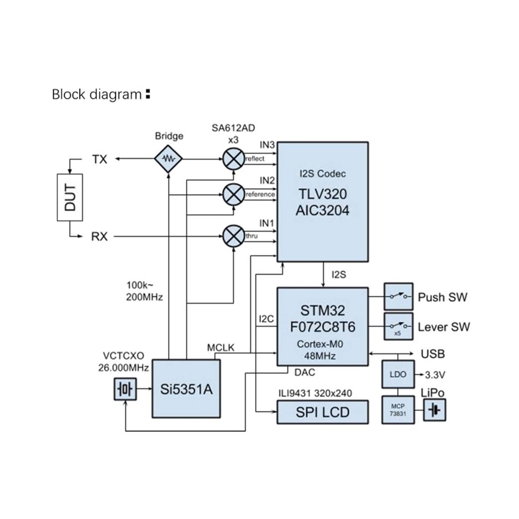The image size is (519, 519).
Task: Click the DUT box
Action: (x=70, y=197)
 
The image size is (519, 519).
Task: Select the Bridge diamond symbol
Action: (x=168, y=159)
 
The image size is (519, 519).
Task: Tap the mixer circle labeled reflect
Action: (x=233, y=159)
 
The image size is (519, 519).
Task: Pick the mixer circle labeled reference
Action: (x=233, y=195)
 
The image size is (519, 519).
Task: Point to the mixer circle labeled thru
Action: (x=233, y=236)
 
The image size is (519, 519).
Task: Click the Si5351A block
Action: (x=186, y=389)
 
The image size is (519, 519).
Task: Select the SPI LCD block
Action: (x=323, y=412)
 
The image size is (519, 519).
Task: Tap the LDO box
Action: (x=398, y=374)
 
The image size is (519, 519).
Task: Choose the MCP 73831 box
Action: (x=398, y=410)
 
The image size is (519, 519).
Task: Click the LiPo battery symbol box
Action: (x=435, y=410)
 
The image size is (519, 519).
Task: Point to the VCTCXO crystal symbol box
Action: (x=125, y=389)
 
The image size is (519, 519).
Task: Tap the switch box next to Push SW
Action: (x=398, y=297)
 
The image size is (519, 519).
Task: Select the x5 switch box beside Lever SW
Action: (x=398, y=326)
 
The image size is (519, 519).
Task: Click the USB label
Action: (x=432, y=354)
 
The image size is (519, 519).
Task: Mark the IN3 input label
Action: (x=267, y=145)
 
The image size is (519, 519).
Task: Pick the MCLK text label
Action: (x=220, y=348)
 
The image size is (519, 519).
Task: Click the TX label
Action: (x=100, y=159)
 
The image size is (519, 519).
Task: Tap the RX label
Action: (x=99, y=236)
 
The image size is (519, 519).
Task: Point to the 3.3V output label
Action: (x=435, y=375)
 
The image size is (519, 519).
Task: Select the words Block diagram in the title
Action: (x=97, y=94)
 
